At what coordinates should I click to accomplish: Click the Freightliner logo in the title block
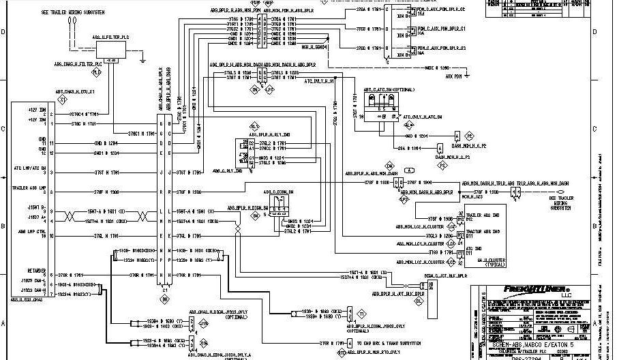[x=539, y=289]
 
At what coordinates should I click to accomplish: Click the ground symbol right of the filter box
[x=141, y=61]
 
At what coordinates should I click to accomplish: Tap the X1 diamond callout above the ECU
[x=63, y=100]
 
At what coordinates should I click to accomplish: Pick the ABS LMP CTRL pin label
[x=26, y=233]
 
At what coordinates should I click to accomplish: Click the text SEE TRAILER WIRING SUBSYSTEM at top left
[x=71, y=12]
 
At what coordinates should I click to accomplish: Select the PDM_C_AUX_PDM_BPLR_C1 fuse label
[x=441, y=29]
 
